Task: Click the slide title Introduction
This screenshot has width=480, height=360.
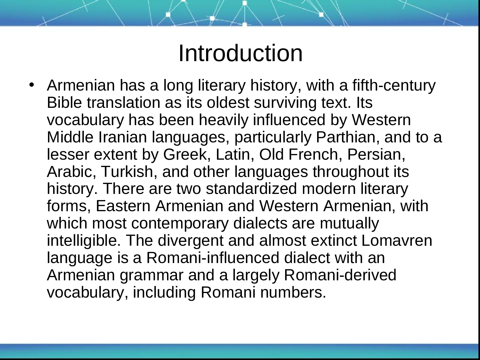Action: pos(241,53)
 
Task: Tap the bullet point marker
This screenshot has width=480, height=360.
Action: pos(32,85)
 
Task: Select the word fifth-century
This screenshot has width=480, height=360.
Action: pos(394,86)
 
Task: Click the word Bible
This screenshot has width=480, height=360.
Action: pos(64,102)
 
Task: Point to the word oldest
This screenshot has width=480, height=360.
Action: pos(228,102)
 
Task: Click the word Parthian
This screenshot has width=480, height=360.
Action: pos(348,138)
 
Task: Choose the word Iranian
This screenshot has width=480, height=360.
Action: pos(123,137)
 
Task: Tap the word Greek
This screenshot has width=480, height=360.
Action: pos(187,155)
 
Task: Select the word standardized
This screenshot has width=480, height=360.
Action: pos(251,189)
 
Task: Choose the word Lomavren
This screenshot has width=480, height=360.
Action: pos(397,241)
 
